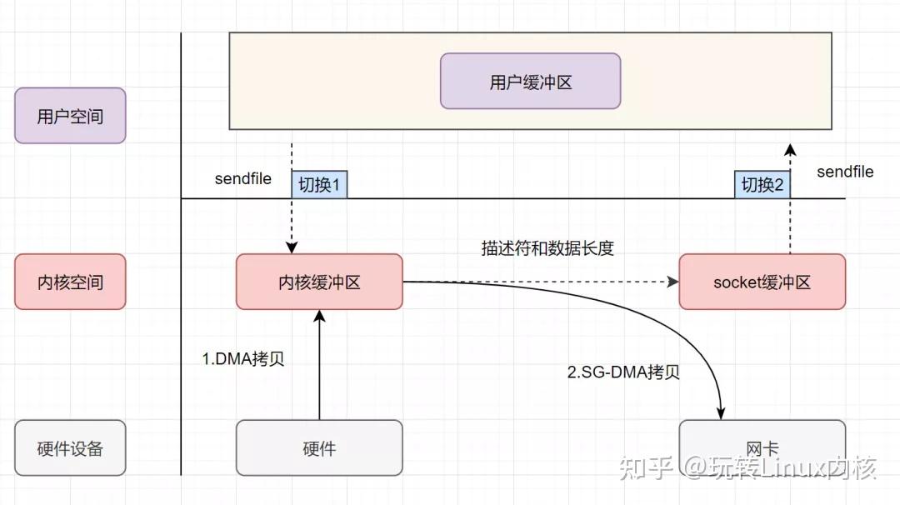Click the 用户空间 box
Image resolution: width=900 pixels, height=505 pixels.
click(x=70, y=116)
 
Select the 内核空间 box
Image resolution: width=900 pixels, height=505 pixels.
click(x=70, y=282)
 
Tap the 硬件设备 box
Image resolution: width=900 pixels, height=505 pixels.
click(x=70, y=447)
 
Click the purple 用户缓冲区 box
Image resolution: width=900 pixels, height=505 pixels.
click(x=530, y=81)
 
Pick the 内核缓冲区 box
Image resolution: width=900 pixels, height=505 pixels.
click(x=319, y=282)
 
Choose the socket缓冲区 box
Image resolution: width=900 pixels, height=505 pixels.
click(x=762, y=282)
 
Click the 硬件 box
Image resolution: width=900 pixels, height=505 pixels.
click(x=319, y=447)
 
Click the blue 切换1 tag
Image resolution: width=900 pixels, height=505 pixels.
click(x=319, y=185)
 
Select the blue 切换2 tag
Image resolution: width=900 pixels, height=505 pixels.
click(x=762, y=185)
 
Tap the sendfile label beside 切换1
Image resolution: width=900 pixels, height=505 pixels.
click(x=242, y=178)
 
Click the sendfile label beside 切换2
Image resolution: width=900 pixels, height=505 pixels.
click(x=845, y=172)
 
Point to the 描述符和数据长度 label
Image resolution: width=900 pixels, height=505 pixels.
click(x=547, y=247)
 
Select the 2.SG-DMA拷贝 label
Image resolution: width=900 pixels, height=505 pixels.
click(x=623, y=372)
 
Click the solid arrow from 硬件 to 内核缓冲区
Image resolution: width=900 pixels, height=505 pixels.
click(x=319, y=367)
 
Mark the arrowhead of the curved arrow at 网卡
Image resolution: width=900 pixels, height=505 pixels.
click(x=720, y=412)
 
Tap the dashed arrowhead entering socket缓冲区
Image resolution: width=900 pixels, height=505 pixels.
click(x=672, y=282)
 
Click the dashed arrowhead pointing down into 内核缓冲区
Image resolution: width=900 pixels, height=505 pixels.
click(x=292, y=247)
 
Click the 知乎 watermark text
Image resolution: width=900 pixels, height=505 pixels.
click(x=643, y=468)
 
